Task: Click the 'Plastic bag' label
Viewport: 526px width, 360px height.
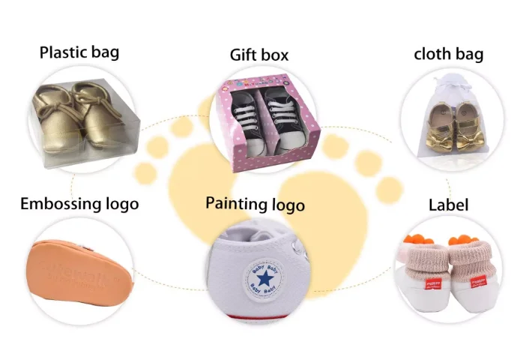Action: tap(79, 52)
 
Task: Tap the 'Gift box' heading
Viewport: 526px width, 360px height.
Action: tap(259, 55)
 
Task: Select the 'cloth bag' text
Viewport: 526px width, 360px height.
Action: tap(448, 54)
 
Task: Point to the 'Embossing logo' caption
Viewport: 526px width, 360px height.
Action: tap(79, 203)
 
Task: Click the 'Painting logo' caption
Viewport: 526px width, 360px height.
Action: tap(255, 204)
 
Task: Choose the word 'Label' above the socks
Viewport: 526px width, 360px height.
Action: tap(448, 205)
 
